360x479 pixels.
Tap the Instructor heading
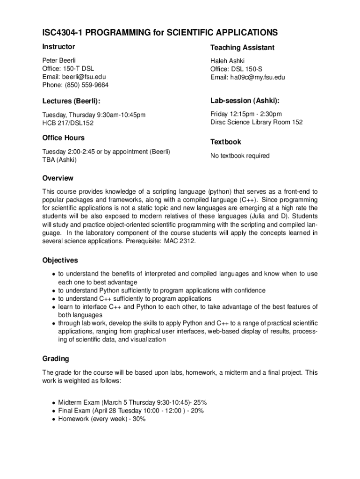(58, 47)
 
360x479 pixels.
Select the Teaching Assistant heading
(242, 48)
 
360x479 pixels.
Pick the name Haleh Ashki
(227, 61)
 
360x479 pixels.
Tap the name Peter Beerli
(59, 60)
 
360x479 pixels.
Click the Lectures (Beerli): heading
(71, 101)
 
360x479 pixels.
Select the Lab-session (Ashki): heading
(241, 101)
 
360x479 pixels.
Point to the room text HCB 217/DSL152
(68, 123)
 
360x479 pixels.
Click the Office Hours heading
(64, 138)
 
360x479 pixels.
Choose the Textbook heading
(226, 142)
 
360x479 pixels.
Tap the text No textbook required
(240, 156)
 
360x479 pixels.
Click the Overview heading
(58, 178)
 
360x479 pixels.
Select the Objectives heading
(60, 260)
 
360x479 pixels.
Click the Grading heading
(56, 359)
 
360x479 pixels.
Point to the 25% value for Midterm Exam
(199, 402)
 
